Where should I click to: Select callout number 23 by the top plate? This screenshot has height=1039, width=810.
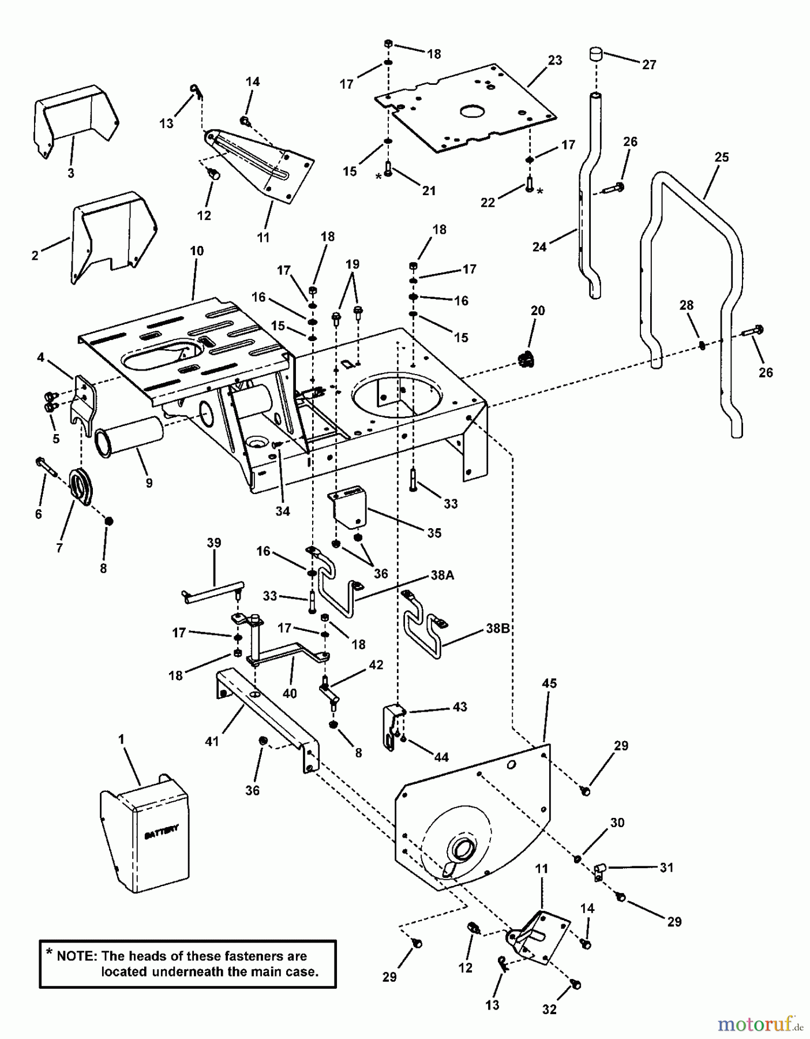(x=554, y=60)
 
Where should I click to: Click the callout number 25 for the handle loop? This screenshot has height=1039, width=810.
(x=721, y=157)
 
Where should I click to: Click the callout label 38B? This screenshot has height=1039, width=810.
(x=497, y=628)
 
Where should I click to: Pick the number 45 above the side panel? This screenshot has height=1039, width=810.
(x=549, y=683)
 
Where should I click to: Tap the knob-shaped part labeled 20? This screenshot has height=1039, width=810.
(x=525, y=360)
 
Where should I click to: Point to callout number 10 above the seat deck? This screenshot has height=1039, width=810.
(x=197, y=251)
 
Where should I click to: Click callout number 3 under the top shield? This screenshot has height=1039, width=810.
(x=71, y=173)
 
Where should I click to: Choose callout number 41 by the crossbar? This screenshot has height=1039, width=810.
(x=212, y=741)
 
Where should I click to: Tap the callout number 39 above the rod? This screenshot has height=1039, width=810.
(x=214, y=543)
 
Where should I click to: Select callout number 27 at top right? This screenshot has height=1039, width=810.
(x=649, y=65)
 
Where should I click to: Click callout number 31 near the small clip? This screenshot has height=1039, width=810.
(x=666, y=867)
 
